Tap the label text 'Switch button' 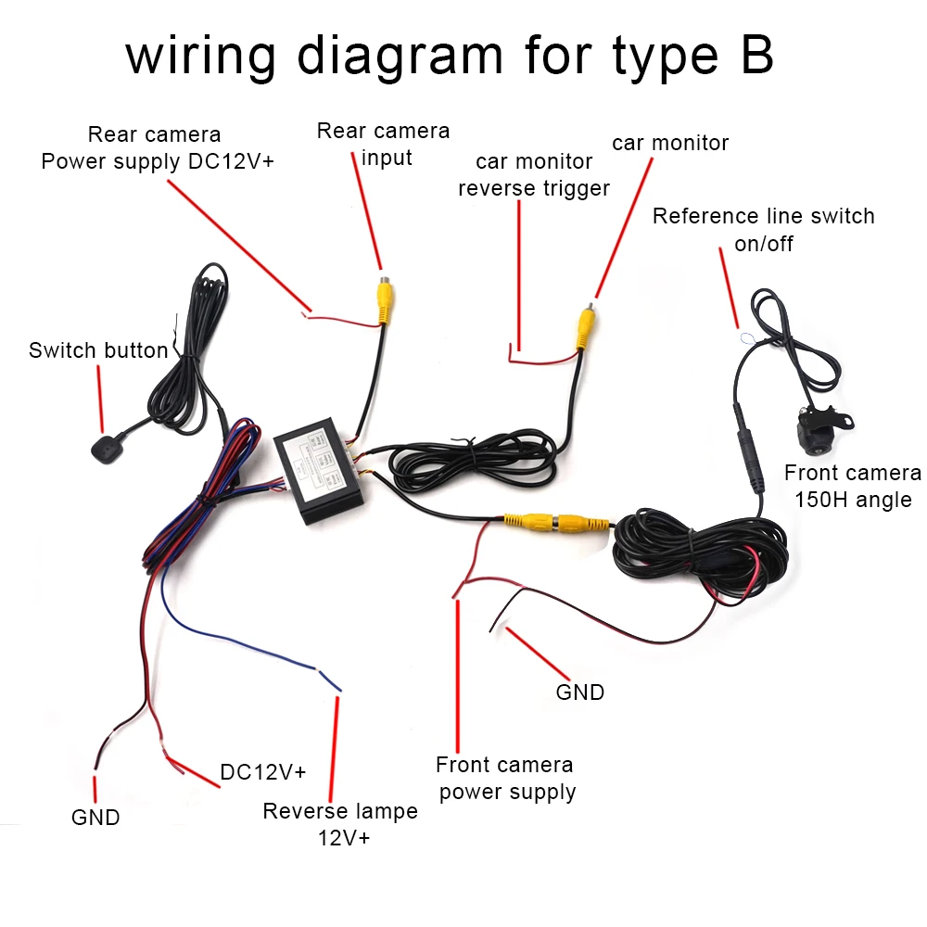pos(98,350)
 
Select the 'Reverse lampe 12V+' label pos(340,824)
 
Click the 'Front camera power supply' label pos(506,778)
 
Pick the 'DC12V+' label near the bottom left pos(263,771)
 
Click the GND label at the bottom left pos(95,818)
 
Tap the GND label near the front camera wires pos(579,692)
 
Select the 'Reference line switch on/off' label pos(763,229)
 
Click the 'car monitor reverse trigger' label pos(534,174)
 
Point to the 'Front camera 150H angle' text pos(852,486)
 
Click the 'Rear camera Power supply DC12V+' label pos(157,148)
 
